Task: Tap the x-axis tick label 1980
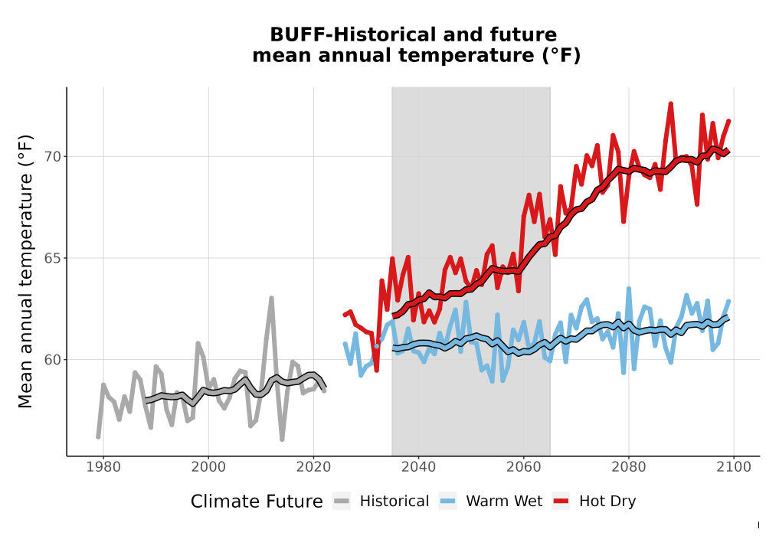tap(103, 467)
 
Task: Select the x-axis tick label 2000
tap(208, 467)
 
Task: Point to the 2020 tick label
tap(313, 467)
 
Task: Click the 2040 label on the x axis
tap(419, 467)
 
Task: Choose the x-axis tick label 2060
tap(524, 467)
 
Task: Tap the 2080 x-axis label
tap(629, 467)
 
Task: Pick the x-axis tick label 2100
tap(734, 467)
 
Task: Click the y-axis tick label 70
tap(53, 157)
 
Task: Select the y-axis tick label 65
tap(53, 258)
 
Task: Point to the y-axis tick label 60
tap(53, 360)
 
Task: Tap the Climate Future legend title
tap(257, 502)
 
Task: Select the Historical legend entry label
tap(394, 502)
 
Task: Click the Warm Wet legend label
tap(504, 502)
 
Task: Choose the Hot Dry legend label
tap(607, 502)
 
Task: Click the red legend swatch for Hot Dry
tap(561, 502)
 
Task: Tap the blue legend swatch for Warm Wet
tap(448, 502)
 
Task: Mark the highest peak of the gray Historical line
tap(272, 298)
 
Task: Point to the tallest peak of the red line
tap(671, 104)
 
